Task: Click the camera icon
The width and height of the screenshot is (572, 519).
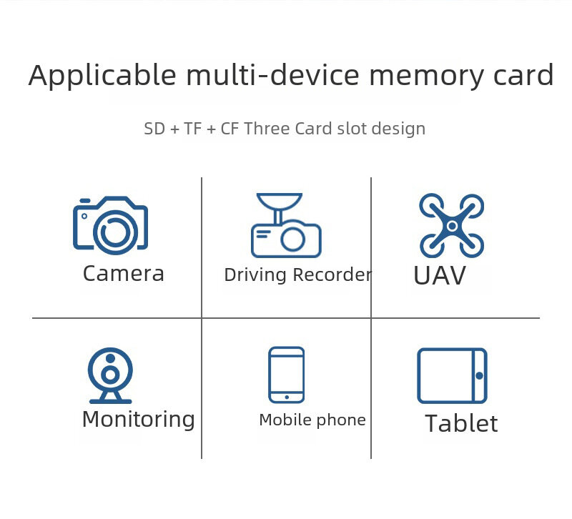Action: [x=110, y=225]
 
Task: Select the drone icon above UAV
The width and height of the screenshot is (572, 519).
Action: [x=451, y=225]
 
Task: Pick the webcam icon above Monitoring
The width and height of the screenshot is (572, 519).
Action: [x=109, y=376]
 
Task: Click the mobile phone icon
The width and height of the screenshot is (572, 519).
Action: [x=286, y=375]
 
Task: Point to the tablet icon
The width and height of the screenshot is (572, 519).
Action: [x=452, y=376]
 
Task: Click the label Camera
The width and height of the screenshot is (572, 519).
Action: [x=124, y=274]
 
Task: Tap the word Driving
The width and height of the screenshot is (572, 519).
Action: [x=255, y=275]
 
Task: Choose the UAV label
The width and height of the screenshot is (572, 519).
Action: [x=440, y=277]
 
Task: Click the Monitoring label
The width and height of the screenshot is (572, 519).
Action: [x=138, y=420]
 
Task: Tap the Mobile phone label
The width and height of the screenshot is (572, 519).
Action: [x=312, y=420]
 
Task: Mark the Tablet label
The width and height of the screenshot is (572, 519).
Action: [x=461, y=424]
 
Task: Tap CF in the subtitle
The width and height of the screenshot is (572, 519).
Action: [x=230, y=129]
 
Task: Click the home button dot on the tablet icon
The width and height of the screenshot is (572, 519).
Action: [x=479, y=376]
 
